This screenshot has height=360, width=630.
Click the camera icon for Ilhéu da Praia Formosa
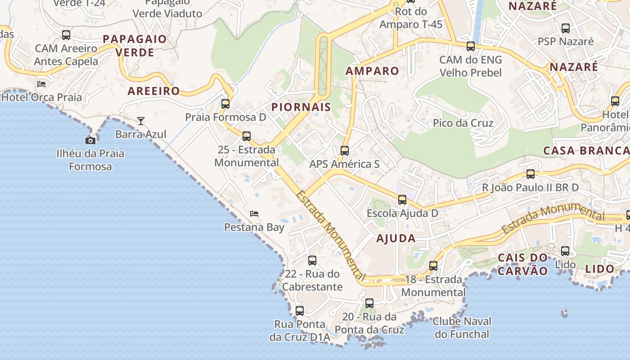click(90, 140)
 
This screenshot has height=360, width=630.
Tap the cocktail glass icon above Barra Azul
click(141, 121)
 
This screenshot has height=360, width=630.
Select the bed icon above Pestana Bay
click(254, 213)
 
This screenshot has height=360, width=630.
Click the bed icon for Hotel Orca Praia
click(41, 84)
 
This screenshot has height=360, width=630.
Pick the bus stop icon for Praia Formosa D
click(225, 104)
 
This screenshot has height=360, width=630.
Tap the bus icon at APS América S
click(345, 151)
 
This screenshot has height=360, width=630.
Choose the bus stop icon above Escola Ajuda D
click(402, 199)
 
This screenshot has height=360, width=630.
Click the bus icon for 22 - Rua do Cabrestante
click(312, 260)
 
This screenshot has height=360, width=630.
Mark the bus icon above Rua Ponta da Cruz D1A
click(299, 310)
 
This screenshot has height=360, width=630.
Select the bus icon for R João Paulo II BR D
click(531, 174)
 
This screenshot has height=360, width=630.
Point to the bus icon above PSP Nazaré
click(566, 28)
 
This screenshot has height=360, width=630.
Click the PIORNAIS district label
click(301, 107)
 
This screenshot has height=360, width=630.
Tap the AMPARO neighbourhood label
click(372, 71)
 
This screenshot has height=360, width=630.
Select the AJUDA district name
click(396, 238)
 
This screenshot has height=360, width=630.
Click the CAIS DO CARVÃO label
click(523, 264)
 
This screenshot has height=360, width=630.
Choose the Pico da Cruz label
click(463, 123)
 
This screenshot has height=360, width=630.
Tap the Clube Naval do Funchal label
click(462, 328)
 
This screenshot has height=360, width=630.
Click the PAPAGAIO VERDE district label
click(135, 45)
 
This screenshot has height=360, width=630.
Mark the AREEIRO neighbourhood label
click(153, 91)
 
